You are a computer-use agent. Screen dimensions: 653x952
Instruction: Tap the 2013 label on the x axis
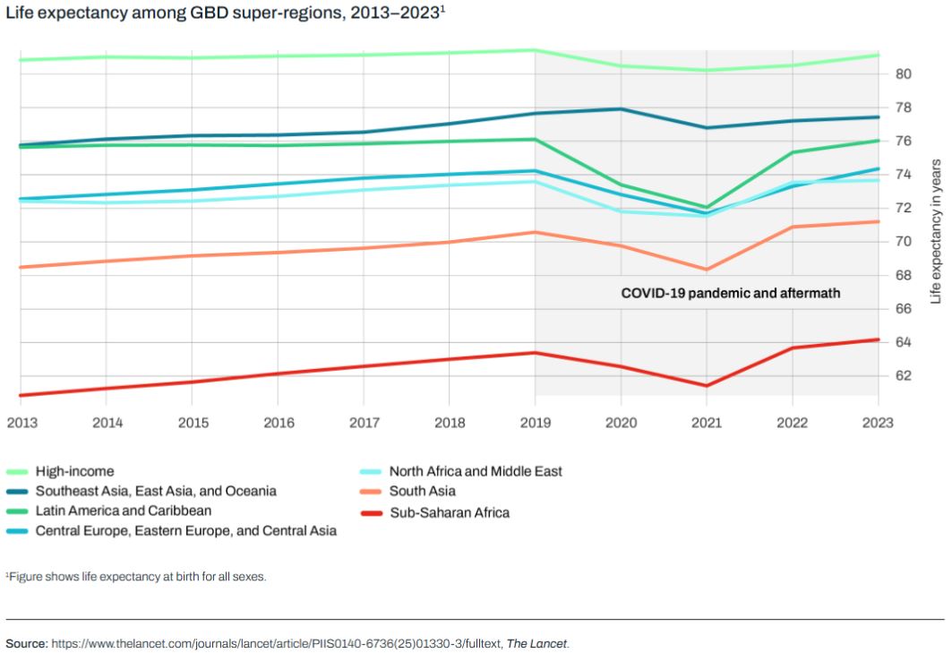(x=21, y=422)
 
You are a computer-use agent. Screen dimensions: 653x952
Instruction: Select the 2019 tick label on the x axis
(x=536, y=422)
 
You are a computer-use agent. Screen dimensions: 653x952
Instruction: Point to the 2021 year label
(x=707, y=422)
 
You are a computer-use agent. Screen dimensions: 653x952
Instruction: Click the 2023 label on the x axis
(x=878, y=422)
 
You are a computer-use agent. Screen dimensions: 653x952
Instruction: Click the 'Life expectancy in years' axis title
(x=936, y=231)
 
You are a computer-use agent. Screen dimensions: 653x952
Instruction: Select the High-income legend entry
(x=74, y=471)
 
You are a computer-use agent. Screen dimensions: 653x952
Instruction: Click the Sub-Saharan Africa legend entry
(x=449, y=513)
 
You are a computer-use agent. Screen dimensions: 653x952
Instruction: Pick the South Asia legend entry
(x=422, y=492)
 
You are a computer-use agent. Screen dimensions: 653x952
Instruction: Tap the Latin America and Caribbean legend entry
(x=124, y=511)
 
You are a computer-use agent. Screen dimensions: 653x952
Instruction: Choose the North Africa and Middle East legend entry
(x=476, y=471)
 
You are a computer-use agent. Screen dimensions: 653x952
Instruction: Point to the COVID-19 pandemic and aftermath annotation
(x=731, y=293)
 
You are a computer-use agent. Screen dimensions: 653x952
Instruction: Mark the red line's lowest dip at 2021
(x=707, y=386)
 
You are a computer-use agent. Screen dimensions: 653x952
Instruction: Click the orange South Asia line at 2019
(x=536, y=232)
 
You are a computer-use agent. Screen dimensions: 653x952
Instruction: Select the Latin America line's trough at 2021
(x=707, y=208)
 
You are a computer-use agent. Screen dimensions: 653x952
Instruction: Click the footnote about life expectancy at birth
(x=136, y=577)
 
